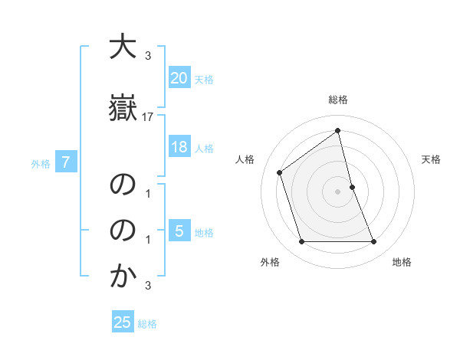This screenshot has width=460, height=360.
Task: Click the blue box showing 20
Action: click(x=179, y=77)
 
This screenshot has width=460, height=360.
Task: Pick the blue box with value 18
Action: click(x=179, y=147)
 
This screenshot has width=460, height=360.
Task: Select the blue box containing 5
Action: click(x=179, y=231)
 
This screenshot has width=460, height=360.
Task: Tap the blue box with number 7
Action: click(x=67, y=162)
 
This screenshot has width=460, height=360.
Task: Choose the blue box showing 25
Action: click(x=123, y=322)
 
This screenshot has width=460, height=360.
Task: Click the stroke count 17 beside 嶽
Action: click(x=148, y=117)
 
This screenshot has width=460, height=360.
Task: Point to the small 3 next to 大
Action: click(x=148, y=55)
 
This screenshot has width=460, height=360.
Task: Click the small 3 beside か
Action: click(x=148, y=286)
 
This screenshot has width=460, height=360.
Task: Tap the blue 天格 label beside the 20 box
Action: click(x=204, y=79)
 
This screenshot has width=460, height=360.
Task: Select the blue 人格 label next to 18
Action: click(x=204, y=149)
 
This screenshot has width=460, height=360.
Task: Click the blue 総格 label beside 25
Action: click(x=147, y=324)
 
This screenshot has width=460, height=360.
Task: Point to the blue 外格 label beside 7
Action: click(x=41, y=163)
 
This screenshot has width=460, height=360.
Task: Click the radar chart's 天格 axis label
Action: click(x=432, y=159)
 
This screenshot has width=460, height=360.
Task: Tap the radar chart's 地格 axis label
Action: click(x=402, y=262)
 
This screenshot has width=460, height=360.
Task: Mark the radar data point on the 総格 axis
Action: click(x=338, y=130)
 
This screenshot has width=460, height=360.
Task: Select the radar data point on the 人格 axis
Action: click(x=280, y=172)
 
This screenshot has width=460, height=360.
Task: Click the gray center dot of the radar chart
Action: click(x=338, y=191)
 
